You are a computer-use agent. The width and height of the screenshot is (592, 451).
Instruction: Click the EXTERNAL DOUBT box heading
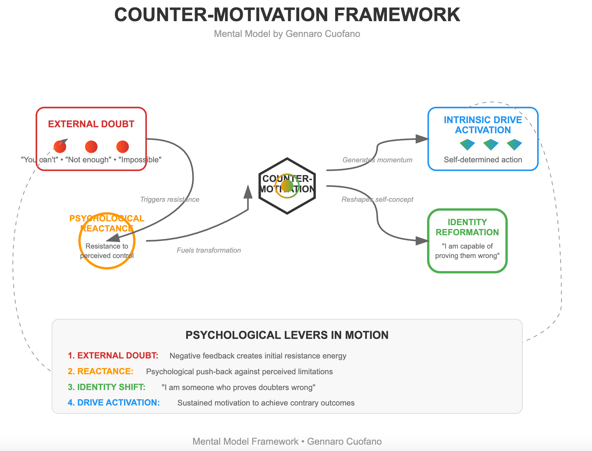pyautogui.click(x=91, y=124)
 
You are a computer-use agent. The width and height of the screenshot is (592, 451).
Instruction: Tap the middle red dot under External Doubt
pyautogui.click(x=91, y=147)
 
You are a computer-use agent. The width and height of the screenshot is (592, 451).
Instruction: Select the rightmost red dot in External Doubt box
pyautogui.click(x=122, y=147)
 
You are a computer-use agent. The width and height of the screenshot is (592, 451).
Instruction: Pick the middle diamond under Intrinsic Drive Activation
pyautogui.click(x=491, y=144)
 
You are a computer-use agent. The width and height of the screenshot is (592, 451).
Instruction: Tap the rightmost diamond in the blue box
pyautogui.click(x=514, y=144)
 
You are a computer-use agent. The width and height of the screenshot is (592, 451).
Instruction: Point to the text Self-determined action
pyautogui.click(x=483, y=160)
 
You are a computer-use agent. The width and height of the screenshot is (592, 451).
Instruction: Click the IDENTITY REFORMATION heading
pyautogui.click(x=467, y=227)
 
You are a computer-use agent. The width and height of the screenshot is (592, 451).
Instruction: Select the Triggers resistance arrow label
pyautogui.click(x=169, y=200)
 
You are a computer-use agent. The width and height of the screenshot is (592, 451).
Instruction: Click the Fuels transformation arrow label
pyautogui.click(x=209, y=250)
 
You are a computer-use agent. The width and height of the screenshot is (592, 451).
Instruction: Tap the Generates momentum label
pyautogui.click(x=377, y=160)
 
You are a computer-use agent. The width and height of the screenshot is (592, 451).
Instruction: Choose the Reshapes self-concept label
pyautogui.click(x=377, y=200)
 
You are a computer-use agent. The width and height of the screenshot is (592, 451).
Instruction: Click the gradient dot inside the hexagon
pyautogui.click(x=287, y=186)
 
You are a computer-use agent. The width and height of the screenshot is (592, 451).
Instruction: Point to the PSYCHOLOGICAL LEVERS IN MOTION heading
pyautogui.click(x=287, y=335)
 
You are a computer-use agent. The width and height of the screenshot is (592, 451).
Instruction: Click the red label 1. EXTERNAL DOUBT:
pyautogui.click(x=113, y=356)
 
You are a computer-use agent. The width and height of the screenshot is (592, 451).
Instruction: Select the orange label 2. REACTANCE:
pyautogui.click(x=100, y=371)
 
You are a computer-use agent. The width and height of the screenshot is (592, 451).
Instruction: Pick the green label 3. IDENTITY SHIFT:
pyautogui.click(x=107, y=387)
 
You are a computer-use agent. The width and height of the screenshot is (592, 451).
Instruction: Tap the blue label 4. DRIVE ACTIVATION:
pyautogui.click(x=114, y=403)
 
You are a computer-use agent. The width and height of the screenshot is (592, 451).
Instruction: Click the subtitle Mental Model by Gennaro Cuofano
pyautogui.click(x=287, y=34)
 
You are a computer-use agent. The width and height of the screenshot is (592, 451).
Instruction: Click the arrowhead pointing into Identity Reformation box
pyautogui.click(x=422, y=241)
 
